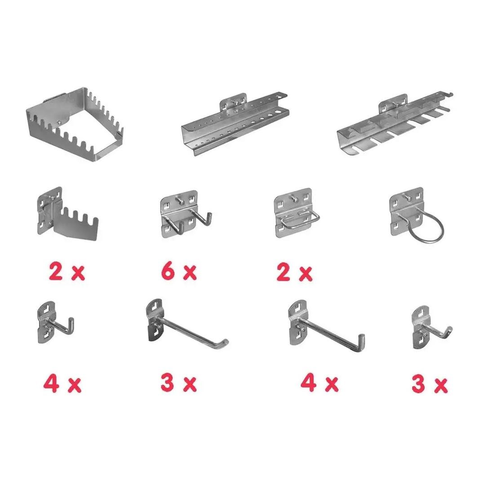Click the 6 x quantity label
coord(178,272)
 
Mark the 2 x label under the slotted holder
coord(67,272)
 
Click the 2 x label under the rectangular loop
coord(294,273)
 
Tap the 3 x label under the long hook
coord(178,383)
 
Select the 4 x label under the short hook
coord(62,384)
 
